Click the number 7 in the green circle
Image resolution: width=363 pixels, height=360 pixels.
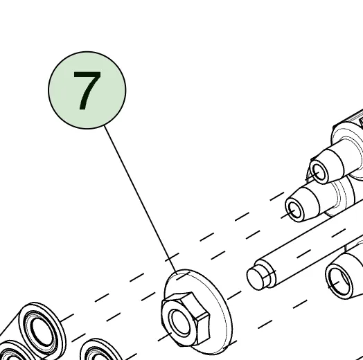pyautogui.click(x=87, y=91)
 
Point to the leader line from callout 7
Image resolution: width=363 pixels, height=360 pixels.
pyautogui.click(x=141, y=199)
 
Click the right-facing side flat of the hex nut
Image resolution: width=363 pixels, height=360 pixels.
pyautogui.click(x=204, y=329)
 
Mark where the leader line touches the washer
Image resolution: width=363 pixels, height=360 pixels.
pyautogui.click(x=177, y=274)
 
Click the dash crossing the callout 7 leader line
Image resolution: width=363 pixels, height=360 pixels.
pyautogui.click(x=172, y=258)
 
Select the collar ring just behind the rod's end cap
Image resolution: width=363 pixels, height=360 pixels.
pyautogui.click(x=268, y=273)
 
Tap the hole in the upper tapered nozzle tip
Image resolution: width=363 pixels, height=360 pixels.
pyautogui.click(x=319, y=172)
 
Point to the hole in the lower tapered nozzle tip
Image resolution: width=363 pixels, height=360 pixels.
pyautogui.click(x=295, y=210)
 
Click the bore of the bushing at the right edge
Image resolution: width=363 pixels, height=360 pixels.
pyautogui.click(x=339, y=281)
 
